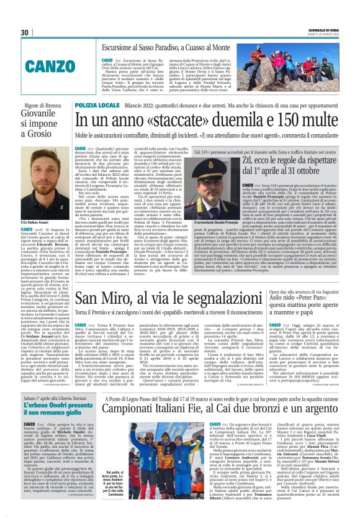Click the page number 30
click(25, 32)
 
